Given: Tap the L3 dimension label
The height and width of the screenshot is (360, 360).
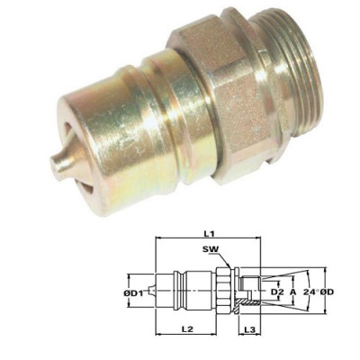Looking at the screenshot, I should (x=251, y=330).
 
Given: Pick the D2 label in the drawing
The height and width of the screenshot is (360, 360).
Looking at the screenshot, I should (x=277, y=292).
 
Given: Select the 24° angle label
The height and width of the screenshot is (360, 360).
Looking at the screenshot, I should (x=311, y=292).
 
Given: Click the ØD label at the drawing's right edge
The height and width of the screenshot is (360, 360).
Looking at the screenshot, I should (x=334, y=292).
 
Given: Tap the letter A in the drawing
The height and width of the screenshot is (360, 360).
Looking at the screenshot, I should (x=294, y=292).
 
